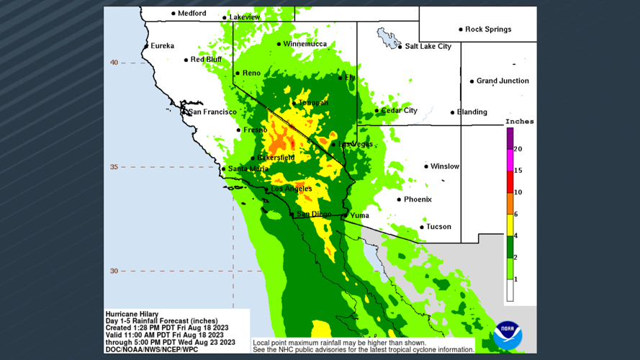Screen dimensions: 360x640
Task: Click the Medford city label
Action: click(192, 13)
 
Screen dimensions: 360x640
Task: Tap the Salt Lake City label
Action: click(428, 46)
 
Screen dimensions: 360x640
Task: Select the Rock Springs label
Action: click(488, 30)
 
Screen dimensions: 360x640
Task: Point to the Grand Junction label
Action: click(502, 81)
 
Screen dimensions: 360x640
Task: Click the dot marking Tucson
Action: click(422, 227)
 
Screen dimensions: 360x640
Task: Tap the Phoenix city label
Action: click(418, 199)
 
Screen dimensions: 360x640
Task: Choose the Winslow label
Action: click(445, 166)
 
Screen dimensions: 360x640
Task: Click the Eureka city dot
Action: click(147, 46)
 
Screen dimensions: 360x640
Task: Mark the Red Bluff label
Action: click(206, 60)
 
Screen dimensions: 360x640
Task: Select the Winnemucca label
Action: click(305, 44)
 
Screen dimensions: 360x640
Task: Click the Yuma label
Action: click(359, 215)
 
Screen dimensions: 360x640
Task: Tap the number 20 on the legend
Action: click(518, 149)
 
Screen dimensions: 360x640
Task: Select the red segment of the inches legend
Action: click(510, 181)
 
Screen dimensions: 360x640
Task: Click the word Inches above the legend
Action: click(519, 122)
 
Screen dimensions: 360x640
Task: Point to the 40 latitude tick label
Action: click(114, 63)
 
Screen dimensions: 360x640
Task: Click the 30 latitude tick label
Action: click(114, 271)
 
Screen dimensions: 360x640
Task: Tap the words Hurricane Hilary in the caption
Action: click(132, 314)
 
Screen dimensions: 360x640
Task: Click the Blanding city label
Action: click(472, 112)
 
